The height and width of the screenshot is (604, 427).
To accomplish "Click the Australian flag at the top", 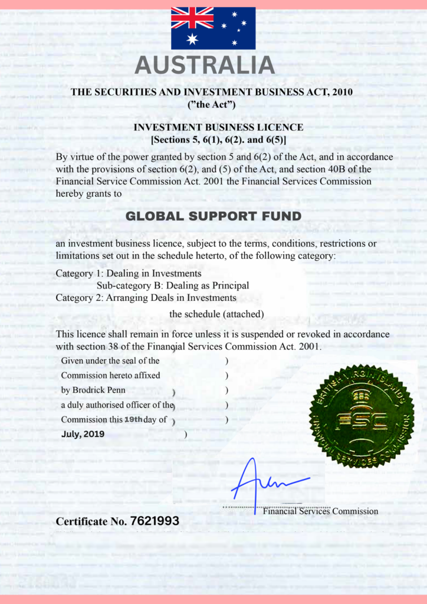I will (x=213, y=28).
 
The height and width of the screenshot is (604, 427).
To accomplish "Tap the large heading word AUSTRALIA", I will (x=205, y=65).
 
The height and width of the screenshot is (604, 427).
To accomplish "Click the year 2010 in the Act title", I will (x=343, y=92).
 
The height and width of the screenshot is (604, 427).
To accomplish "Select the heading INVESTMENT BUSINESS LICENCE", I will (x=218, y=127).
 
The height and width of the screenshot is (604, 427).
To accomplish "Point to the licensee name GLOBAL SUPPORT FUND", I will (x=213, y=216).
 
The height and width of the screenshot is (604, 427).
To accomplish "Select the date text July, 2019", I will (x=83, y=434).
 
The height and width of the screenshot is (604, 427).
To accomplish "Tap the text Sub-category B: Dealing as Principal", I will (x=172, y=285).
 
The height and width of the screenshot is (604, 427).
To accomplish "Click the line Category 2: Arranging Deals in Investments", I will (x=146, y=297).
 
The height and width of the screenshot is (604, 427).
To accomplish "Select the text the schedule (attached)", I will (x=216, y=314).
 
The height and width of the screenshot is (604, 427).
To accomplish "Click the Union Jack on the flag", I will (x=192, y=18).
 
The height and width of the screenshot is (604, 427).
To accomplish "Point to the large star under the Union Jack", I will (x=192, y=39).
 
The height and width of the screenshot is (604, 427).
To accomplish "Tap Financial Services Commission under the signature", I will (x=320, y=511).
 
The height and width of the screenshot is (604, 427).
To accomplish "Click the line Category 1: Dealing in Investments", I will (x=129, y=274).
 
